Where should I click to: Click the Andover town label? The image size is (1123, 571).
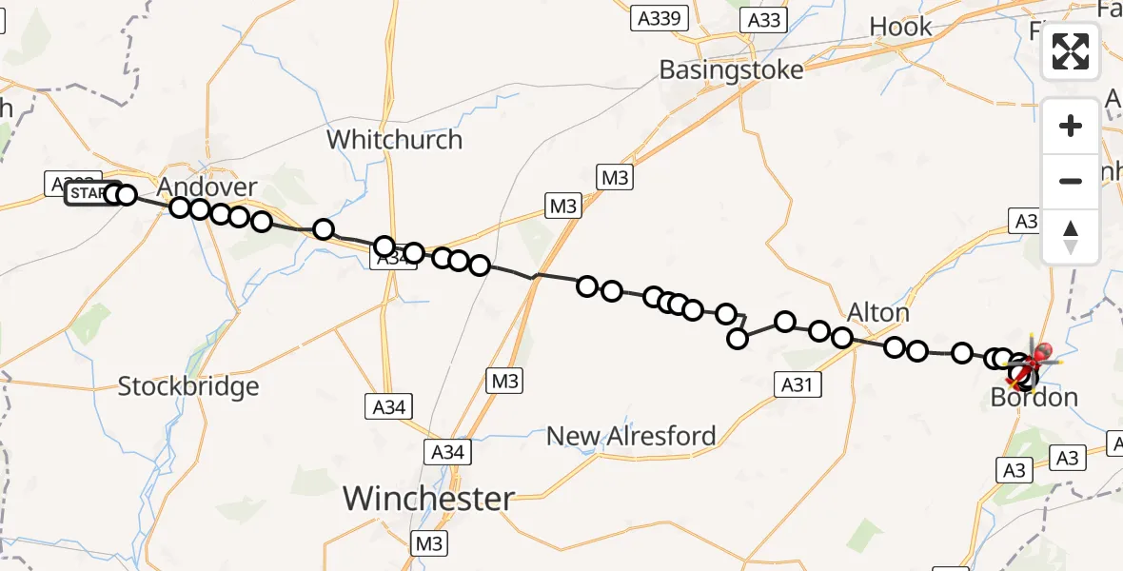(x=207, y=186)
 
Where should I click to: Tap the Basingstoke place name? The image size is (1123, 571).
(x=732, y=69)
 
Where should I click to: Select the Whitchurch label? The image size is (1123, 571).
(x=394, y=140)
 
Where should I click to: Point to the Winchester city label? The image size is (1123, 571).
(x=428, y=498)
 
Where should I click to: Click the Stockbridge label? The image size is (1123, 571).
(x=188, y=386)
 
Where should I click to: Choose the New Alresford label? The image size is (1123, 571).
(x=631, y=436)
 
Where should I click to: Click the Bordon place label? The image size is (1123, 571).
(x=1034, y=397)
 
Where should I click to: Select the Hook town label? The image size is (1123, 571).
(x=900, y=27)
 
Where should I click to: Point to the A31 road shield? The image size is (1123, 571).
(x=797, y=384)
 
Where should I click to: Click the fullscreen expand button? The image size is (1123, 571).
(x=1071, y=51)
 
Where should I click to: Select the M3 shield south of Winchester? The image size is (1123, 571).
(x=429, y=543)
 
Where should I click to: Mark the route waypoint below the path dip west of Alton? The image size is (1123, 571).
(x=738, y=339)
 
